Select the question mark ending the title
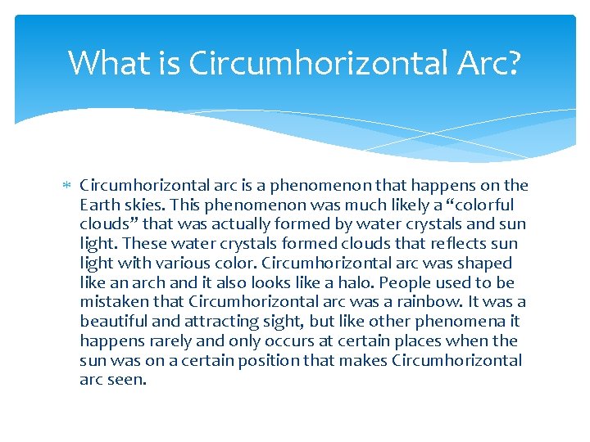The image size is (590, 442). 513,62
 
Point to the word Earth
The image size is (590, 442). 100,205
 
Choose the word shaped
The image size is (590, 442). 485,264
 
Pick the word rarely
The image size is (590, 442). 171,341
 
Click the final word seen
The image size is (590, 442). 127,381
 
